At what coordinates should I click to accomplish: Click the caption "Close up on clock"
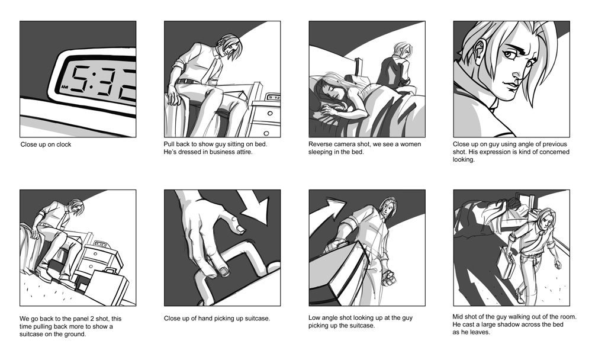[x=46, y=144]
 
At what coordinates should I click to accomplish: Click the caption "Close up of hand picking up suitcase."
[x=217, y=319]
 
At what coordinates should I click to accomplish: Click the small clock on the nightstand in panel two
[x=273, y=96]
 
